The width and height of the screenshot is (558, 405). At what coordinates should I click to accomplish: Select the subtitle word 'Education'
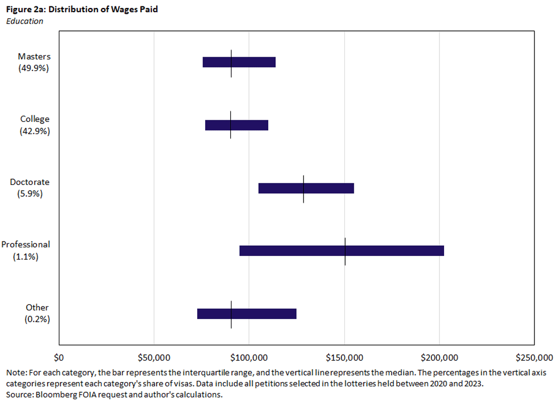[x=24, y=21]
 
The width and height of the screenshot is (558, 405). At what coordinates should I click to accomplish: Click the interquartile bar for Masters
[x=251, y=62]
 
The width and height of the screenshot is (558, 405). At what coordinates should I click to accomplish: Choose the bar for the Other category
[x=267, y=314]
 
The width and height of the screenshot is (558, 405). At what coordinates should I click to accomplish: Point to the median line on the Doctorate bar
[x=304, y=188]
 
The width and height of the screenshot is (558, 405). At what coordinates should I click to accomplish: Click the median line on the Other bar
[x=231, y=314]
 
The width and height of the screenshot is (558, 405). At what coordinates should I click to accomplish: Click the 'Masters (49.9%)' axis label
[x=34, y=62]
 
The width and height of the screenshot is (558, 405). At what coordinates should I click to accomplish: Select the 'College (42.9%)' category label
[x=35, y=125]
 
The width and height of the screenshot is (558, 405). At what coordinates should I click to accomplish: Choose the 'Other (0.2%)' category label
[x=37, y=314]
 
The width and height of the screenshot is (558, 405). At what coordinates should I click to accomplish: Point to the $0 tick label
[x=59, y=357]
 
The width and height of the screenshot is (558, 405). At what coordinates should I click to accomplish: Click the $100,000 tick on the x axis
[x=249, y=357]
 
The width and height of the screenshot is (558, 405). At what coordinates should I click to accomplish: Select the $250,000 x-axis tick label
[x=534, y=357]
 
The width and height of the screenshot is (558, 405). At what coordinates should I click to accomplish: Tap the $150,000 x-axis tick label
[x=344, y=357]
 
